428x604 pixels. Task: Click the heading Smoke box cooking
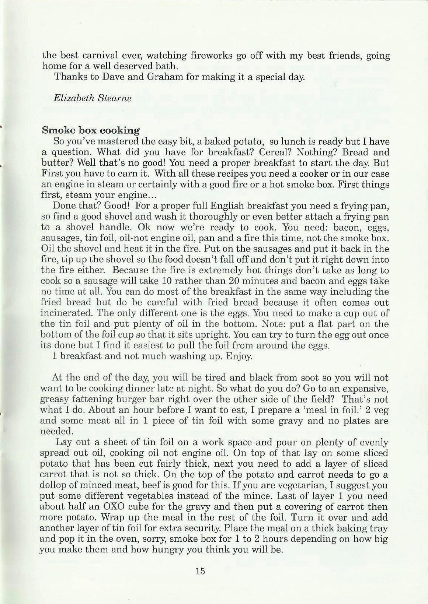[91, 130]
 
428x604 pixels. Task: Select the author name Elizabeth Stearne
[93, 98]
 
